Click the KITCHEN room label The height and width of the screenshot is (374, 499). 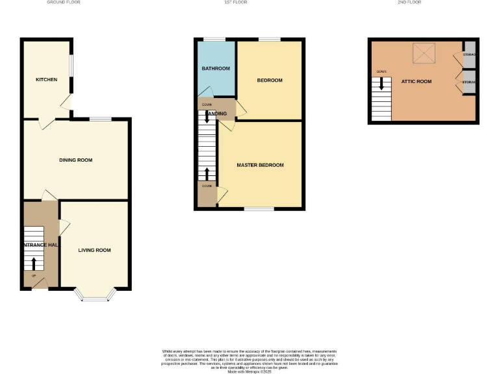tap(46, 80)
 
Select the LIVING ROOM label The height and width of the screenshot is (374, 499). tap(94, 250)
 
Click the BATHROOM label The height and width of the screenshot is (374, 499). tap(215, 68)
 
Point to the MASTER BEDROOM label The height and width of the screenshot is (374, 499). tap(260, 165)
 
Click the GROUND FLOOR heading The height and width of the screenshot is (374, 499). tap(64, 3)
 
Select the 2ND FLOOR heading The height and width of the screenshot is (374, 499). tap(409, 3)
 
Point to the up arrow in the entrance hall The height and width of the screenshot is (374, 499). tap(34, 263)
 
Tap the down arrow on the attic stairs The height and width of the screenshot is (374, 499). tap(381, 84)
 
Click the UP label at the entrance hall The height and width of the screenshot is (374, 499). tap(33, 276)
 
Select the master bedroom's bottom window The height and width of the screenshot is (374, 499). tap(259, 209)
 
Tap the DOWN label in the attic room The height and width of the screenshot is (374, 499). tap(381, 71)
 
